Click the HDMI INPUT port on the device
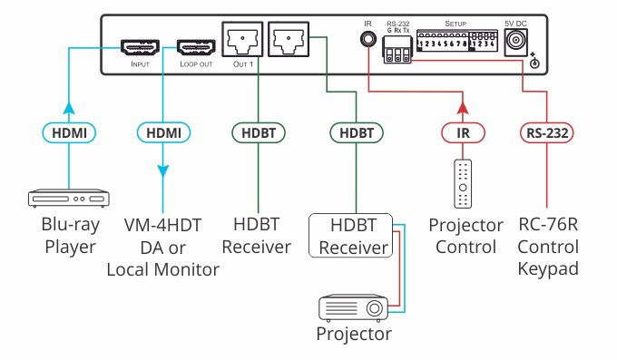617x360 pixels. [141, 46]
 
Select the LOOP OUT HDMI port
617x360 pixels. [193, 46]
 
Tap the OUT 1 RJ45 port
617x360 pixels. [240, 42]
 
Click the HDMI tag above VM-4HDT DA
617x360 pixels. [165, 132]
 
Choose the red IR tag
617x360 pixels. [463, 132]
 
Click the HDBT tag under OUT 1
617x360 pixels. [260, 132]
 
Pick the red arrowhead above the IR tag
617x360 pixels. [463, 109]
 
